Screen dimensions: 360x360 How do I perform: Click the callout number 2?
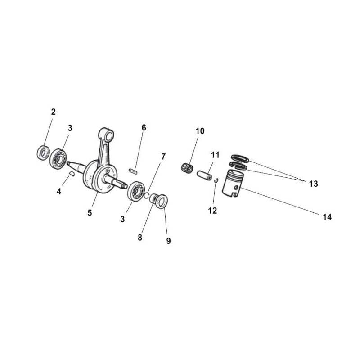pyautogui.click(x=53, y=112)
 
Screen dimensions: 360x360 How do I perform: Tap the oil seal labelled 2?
pyautogui.click(x=43, y=153)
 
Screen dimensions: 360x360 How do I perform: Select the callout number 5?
pyautogui.click(x=90, y=213)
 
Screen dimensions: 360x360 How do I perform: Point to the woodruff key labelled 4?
pyautogui.click(x=72, y=174)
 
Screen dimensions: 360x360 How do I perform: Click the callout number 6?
pyautogui.click(x=144, y=128)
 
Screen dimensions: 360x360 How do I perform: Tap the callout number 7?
pyautogui.click(x=163, y=157)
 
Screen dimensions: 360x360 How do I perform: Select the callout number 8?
pyautogui.click(x=140, y=238)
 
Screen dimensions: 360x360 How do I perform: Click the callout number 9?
pyautogui.click(x=168, y=241)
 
